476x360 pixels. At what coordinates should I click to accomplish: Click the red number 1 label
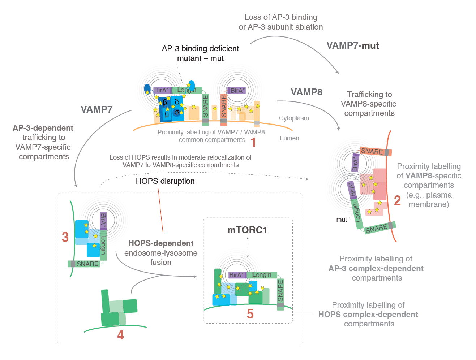[253, 142]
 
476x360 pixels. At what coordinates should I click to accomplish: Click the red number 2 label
[397, 200]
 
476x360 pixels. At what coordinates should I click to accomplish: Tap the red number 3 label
[65, 237]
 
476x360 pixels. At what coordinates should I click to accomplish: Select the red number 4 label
[120, 335]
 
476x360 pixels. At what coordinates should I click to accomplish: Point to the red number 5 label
[250, 314]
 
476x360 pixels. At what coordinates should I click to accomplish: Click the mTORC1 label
[247, 230]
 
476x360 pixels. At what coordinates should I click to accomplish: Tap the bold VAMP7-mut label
[352, 45]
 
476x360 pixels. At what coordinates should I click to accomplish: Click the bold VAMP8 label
[306, 92]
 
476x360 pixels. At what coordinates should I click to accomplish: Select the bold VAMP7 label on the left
[97, 109]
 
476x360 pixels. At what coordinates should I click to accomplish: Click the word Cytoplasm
[294, 118]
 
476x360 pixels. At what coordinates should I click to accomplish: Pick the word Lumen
[289, 138]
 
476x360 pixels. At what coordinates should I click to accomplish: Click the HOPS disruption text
[165, 181]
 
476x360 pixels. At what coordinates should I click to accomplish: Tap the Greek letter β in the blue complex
[165, 103]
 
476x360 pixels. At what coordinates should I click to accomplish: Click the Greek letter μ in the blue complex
[167, 114]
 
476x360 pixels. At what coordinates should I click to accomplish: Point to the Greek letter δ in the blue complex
[177, 102]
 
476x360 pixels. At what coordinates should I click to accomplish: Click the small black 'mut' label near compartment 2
[342, 220]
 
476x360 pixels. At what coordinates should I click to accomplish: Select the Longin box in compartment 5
[262, 275]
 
